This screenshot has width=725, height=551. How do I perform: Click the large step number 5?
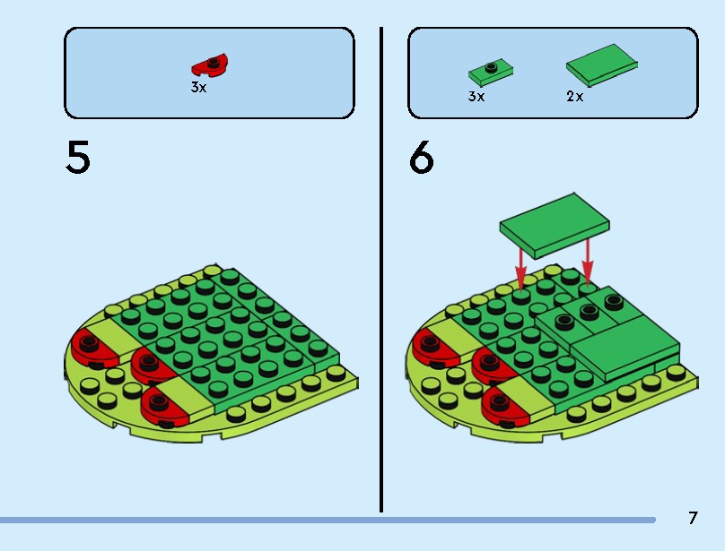click(x=78, y=157)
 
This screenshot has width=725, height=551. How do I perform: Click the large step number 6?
click(x=421, y=158)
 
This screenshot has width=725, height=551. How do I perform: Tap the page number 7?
click(x=693, y=518)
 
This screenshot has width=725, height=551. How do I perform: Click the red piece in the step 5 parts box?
click(x=211, y=65)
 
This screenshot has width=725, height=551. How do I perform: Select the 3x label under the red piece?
click(x=198, y=88)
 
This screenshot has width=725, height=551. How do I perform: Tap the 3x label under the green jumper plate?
click(x=476, y=96)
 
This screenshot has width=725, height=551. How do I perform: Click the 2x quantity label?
click(x=574, y=96)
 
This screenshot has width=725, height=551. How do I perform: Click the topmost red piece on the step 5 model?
click(x=90, y=347)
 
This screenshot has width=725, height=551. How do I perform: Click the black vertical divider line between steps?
click(x=381, y=269)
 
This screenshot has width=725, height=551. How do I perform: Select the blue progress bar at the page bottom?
click(x=323, y=520)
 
